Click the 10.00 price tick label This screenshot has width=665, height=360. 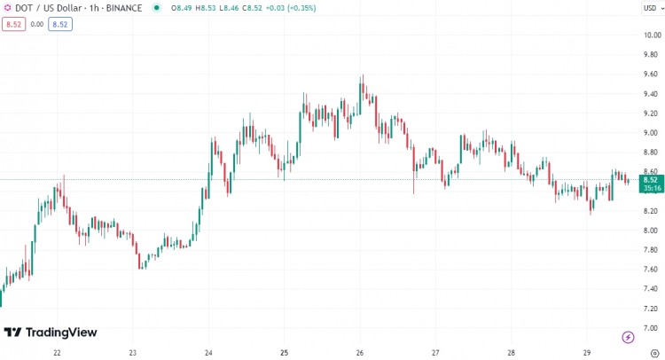[x=651, y=35]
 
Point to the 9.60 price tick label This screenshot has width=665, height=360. [x=651, y=74]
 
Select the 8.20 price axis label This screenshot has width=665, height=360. [x=651, y=211]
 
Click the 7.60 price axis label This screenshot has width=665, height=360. [x=651, y=269]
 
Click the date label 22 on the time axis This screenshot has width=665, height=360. [x=57, y=352]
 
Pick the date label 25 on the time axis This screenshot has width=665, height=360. [x=285, y=352]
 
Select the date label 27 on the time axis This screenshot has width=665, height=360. [x=436, y=352]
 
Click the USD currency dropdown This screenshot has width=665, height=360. [x=650, y=8]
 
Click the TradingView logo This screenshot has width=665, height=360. [x=51, y=333]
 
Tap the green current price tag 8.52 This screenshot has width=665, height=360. [x=650, y=179]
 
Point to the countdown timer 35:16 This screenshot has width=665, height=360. [x=650, y=188]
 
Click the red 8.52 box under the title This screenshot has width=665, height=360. [x=14, y=24]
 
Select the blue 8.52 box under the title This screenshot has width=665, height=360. [x=60, y=24]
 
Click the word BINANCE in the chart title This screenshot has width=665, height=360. [x=124, y=8]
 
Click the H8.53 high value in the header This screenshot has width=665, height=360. [x=206, y=8]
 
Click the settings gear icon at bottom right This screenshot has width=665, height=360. [x=653, y=352]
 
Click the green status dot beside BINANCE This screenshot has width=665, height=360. [x=157, y=8]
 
